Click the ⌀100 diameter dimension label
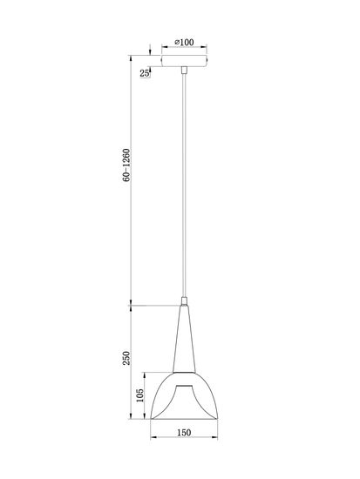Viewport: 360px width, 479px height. click(184, 41)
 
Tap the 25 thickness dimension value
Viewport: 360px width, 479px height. click(144, 73)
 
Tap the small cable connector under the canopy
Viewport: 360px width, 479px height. click(185, 71)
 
